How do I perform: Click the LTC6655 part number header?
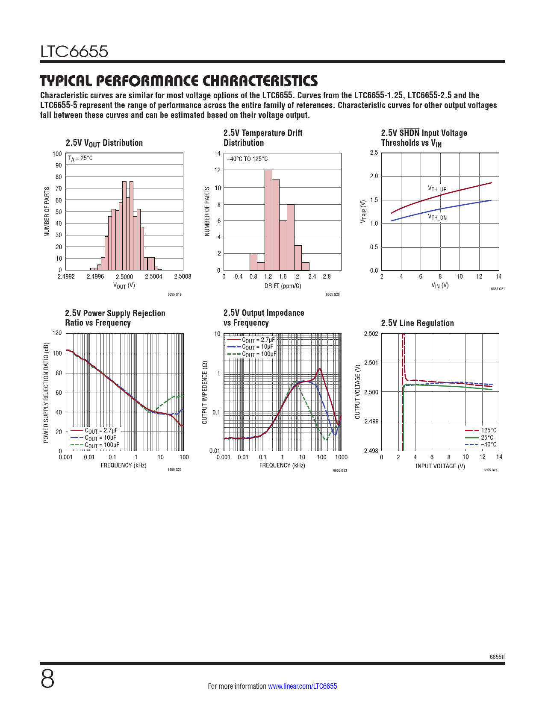74,52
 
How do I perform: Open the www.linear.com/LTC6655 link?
302,686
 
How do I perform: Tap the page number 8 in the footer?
47,679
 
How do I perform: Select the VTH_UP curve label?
437,189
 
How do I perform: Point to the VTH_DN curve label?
437,217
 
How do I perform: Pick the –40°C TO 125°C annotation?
247,159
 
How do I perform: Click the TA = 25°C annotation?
80,159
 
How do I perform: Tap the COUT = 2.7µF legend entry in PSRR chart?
101,431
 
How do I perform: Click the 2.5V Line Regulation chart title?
417,323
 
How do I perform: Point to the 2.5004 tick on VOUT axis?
153,276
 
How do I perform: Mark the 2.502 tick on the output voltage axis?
371,334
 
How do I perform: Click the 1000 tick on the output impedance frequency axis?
341,457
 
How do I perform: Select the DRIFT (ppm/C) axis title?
283,286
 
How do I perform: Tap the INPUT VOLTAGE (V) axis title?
440,466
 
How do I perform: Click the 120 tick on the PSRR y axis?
57,333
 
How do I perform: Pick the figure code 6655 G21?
498,289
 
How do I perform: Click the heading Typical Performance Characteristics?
179,81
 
